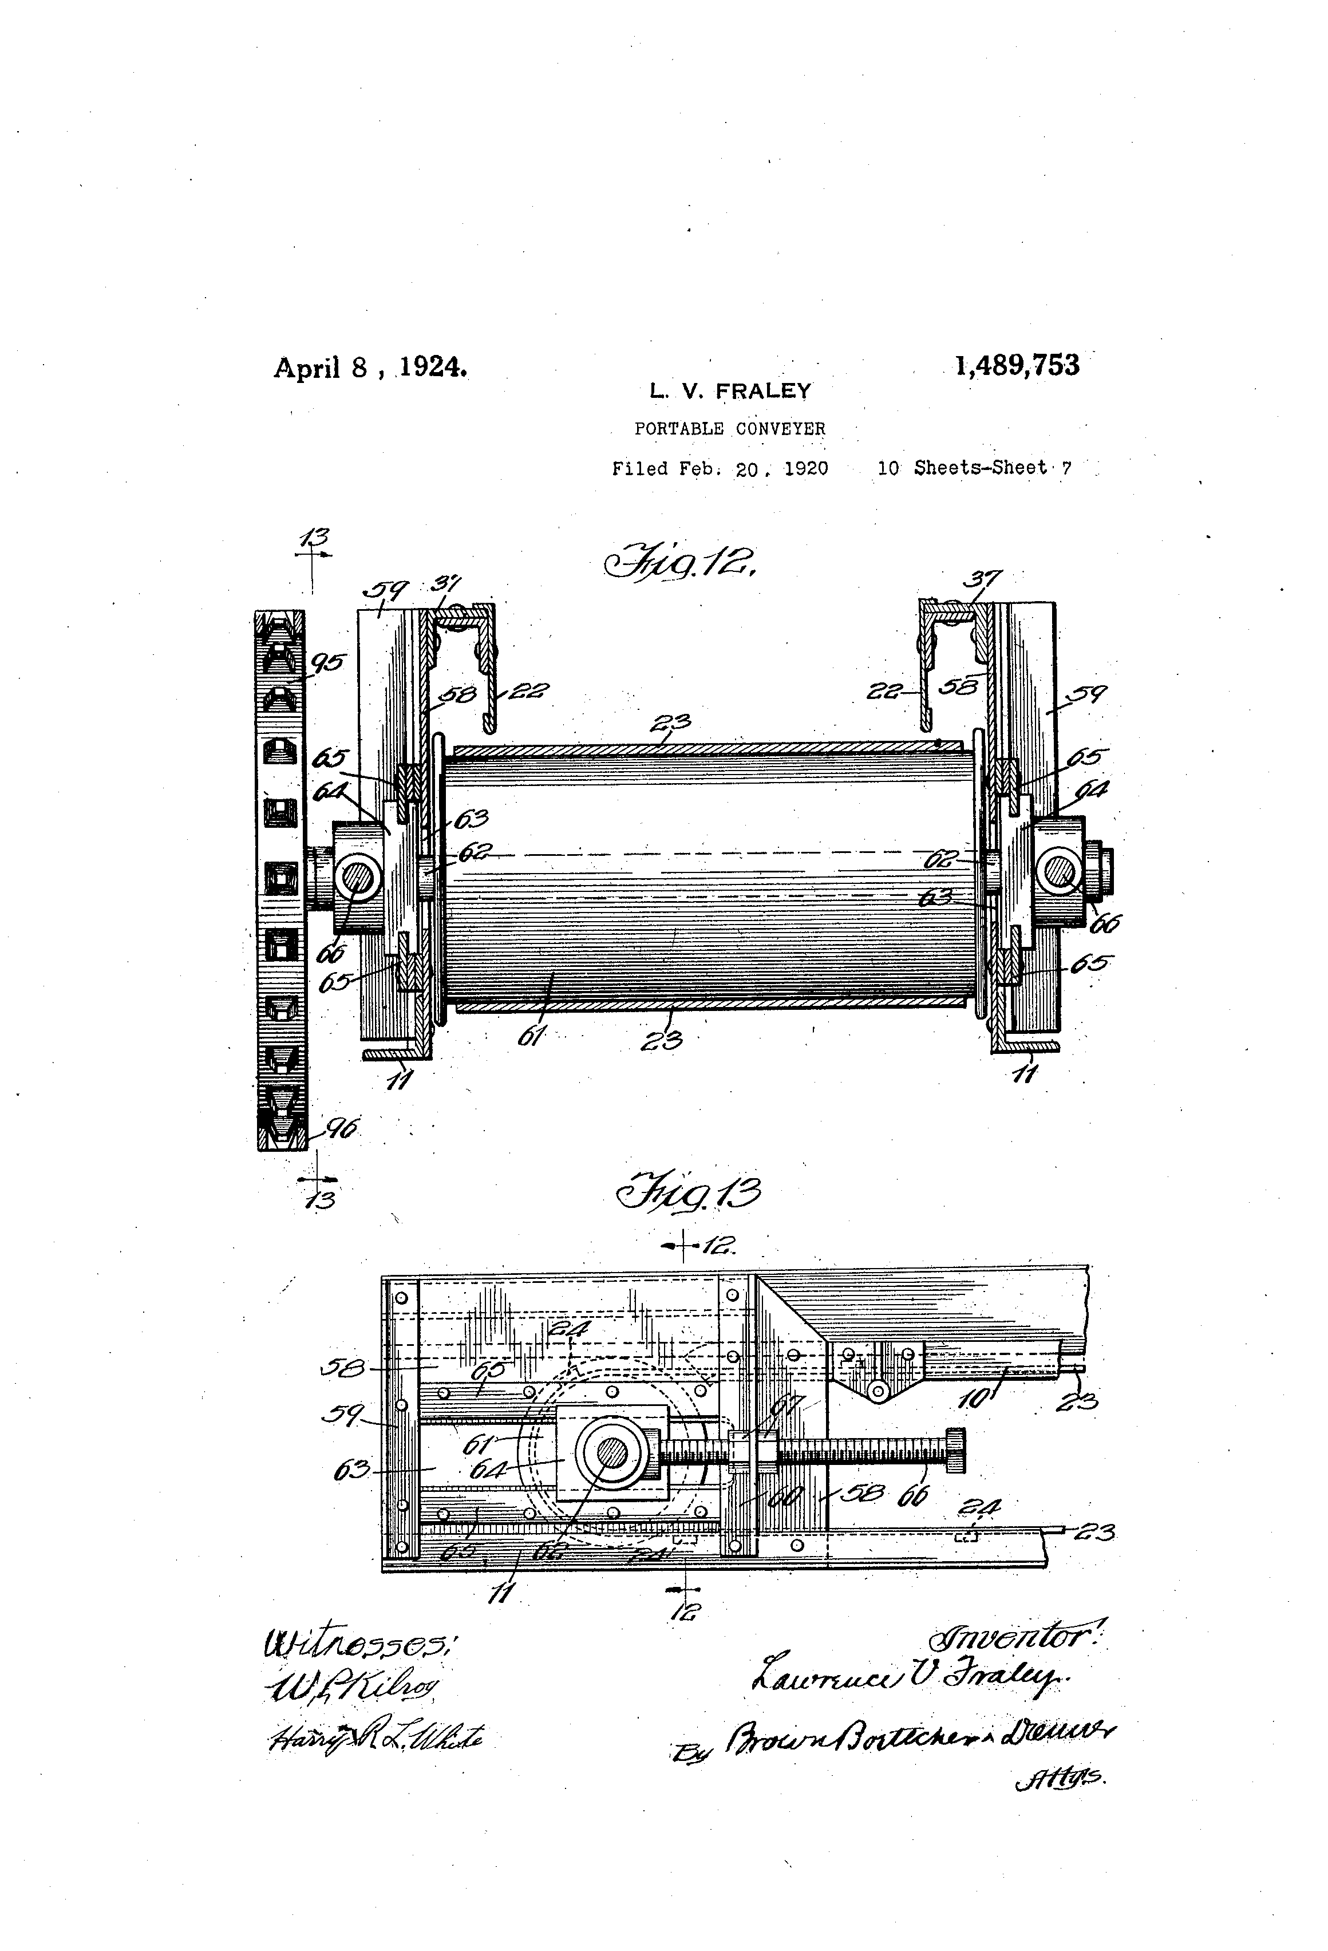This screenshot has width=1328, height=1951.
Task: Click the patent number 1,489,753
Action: pyautogui.click(x=1017, y=365)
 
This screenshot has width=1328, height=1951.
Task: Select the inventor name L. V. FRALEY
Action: pyautogui.click(x=729, y=390)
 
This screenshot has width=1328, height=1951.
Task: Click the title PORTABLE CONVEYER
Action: pyautogui.click(x=729, y=428)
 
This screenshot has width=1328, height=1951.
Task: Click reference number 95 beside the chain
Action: pyautogui.click(x=327, y=664)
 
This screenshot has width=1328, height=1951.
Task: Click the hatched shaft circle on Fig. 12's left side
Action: pyautogui.click(x=358, y=879)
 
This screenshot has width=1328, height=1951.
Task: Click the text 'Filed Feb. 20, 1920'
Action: pyautogui.click(x=720, y=468)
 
